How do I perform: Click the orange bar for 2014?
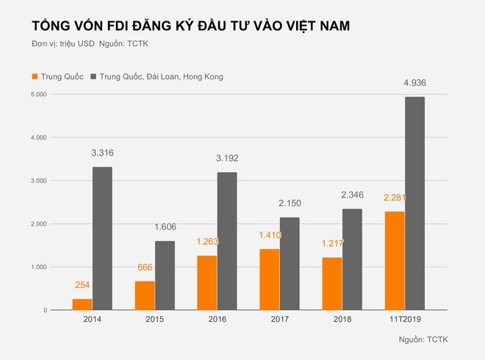click(x=82, y=304)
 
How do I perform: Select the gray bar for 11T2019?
click(x=415, y=204)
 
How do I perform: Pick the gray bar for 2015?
click(x=165, y=276)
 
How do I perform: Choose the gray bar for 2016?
click(x=227, y=241)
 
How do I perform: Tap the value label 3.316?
click(x=102, y=153)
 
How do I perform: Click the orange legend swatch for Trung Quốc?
click(x=34, y=76)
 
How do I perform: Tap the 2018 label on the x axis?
click(x=342, y=319)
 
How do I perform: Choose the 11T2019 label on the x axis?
click(x=405, y=319)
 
